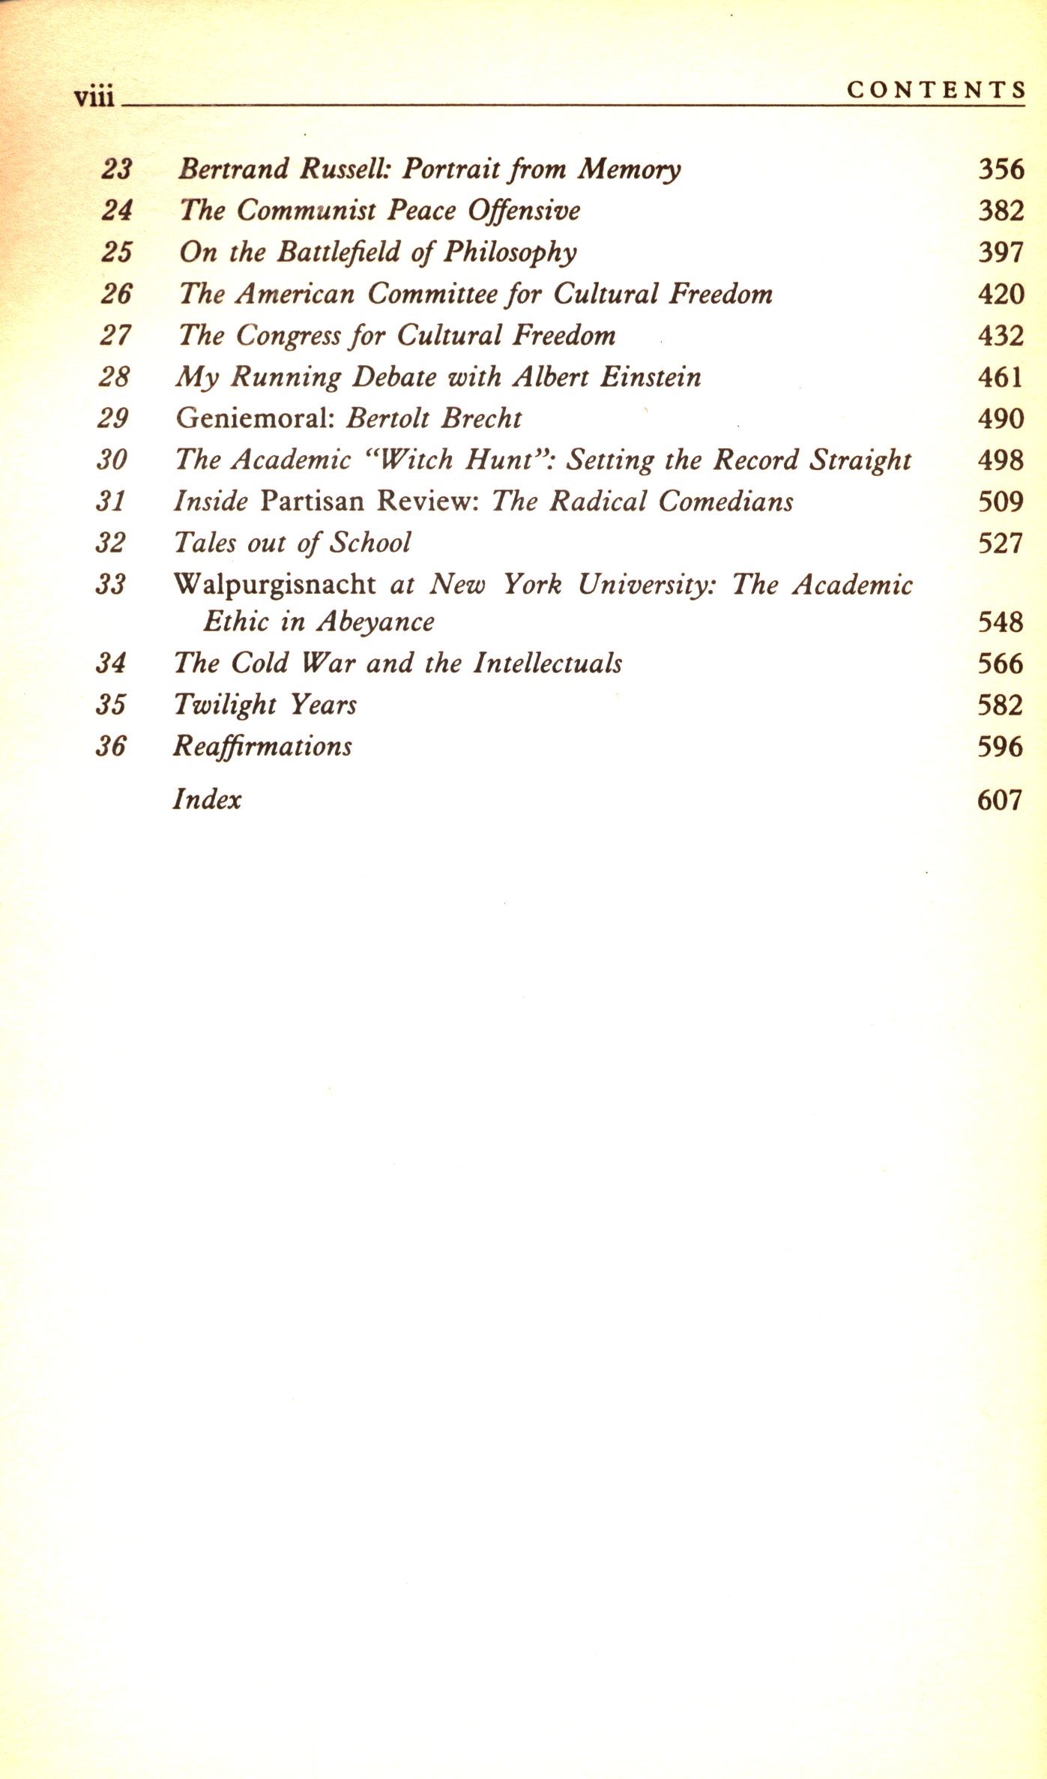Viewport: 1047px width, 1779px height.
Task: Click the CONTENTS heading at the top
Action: tap(935, 90)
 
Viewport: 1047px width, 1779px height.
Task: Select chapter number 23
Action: tap(117, 169)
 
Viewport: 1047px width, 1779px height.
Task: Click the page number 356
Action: tap(1001, 169)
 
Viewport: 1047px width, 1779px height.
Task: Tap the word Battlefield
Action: tap(338, 252)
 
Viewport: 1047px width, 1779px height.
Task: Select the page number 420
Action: tap(1001, 294)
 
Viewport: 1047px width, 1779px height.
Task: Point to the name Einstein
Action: tap(650, 376)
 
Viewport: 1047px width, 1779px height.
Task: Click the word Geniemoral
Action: tap(254, 418)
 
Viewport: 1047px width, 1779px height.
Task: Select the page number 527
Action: tap(1001, 543)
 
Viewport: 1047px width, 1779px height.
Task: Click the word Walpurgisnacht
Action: tap(274, 584)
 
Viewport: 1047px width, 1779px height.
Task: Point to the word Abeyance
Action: tap(375, 622)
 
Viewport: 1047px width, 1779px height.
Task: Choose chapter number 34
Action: tap(111, 663)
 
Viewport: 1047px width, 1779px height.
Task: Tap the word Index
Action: tap(207, 799)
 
